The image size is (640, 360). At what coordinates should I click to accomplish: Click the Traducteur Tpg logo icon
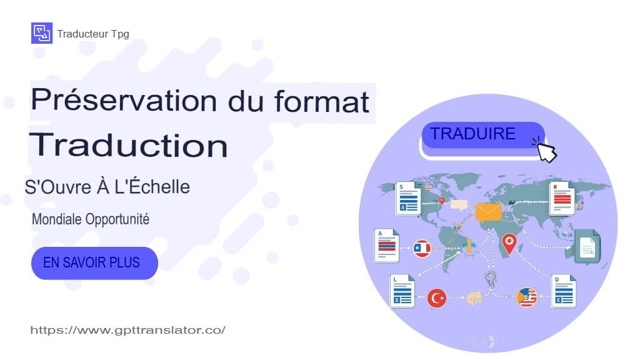click(x=41, y=33)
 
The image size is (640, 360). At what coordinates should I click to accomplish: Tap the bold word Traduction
click(x=128, y=145)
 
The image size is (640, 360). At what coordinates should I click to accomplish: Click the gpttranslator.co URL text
click(x=127, y=330)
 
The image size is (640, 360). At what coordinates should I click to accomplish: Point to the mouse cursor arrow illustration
click(x=546, y=152)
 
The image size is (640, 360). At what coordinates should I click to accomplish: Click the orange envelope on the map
click(x=489, y=212)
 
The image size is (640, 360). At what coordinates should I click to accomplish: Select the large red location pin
click(x=509, y=243)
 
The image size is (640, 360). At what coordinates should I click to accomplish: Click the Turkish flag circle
click(x=437, y=298)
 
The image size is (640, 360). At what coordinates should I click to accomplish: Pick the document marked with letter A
click(x=387, y=246)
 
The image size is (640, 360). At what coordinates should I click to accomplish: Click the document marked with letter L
click(x=402, y=292)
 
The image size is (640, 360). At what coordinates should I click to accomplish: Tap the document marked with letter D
click(x=564, y=291)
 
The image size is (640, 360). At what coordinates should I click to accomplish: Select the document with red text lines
click(x=561, y=198)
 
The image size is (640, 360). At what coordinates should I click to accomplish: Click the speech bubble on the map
click(x=459, y=204)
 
